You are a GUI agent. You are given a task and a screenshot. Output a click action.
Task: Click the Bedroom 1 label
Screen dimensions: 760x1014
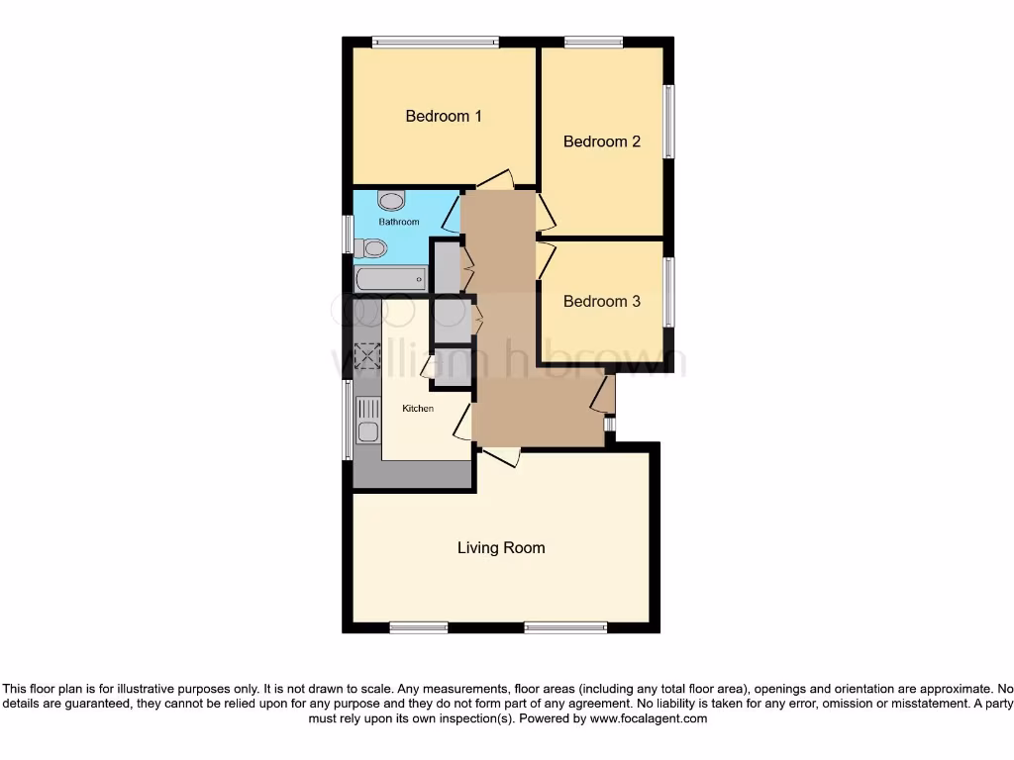pyautogui.click(x=444, y=116)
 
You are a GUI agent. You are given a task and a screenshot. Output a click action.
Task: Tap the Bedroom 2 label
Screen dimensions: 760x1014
pyautogui.click(x=602, y=142)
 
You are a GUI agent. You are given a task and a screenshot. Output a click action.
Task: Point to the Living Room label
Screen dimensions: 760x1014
pyautogui.click(x=501, y=547)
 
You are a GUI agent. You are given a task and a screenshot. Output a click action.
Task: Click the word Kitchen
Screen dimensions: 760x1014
pyautogui.click(x=417, y=408)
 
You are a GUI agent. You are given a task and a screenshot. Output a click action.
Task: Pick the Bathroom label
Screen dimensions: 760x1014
pyautogui.click(x=399, y=223)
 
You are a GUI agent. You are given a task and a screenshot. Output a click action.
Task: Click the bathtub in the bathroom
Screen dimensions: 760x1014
pyautogui.click(x=390, y=279)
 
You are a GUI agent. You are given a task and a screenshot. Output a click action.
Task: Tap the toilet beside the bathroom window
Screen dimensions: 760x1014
pyautogui.click(x=370, y=247)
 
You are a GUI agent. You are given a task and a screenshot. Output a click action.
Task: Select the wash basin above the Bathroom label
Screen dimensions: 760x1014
pyautogui.click(x=392, y=201)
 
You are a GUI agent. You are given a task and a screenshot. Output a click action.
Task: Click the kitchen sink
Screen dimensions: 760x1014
pyautogui.click(x=367, y=420)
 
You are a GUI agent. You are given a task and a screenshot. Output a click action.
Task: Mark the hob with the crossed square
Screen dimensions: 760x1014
pyautogui.click(x=368, y=355)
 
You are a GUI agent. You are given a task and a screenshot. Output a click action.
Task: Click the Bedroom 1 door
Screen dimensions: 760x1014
pyautogui.click(x=493, y=181)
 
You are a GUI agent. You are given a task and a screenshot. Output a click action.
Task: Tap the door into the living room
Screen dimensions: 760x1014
pyautogui.click(x=500, y=456)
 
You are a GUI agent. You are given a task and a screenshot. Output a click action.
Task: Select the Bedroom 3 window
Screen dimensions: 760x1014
pyautogui.click(x=670, y=292)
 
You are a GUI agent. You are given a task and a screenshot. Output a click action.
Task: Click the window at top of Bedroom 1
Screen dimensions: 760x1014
pyautogui.click(x=435, y=43)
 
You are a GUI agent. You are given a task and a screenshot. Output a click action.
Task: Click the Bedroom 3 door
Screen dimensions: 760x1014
pyautogui.click(x=546, y=259)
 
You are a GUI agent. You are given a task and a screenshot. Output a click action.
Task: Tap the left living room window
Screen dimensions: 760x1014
pyautogui.click(x=418, y=626)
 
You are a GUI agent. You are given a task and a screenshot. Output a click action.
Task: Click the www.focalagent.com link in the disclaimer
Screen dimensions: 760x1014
pyautogui.click(x=648, y=719)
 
